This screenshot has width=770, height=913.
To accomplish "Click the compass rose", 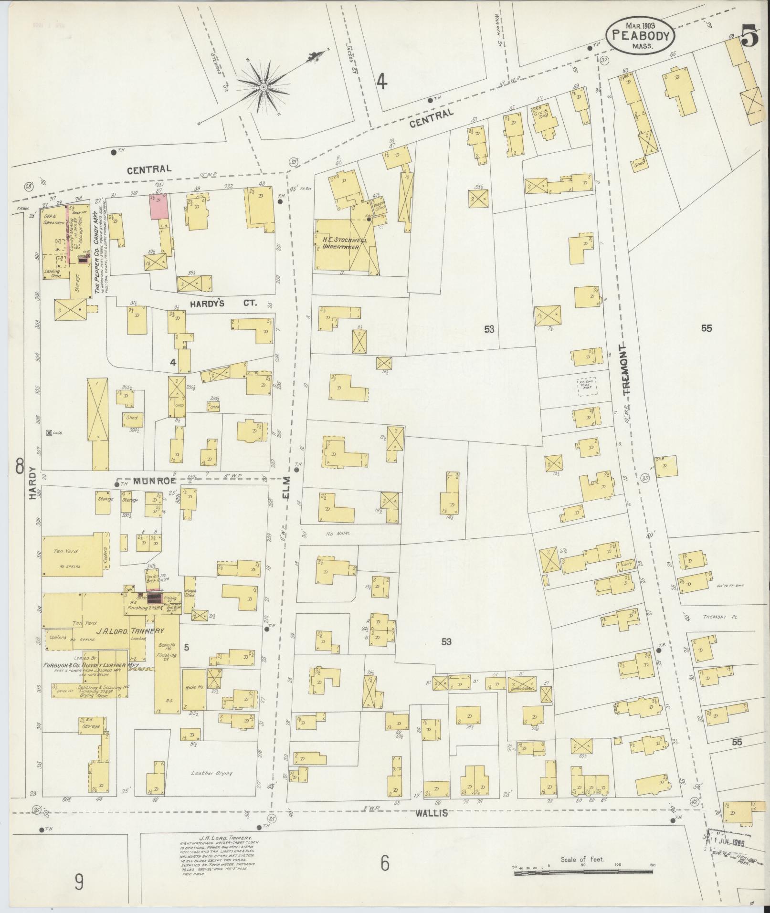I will [263, 87].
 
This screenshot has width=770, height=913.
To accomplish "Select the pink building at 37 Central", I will [159, 207].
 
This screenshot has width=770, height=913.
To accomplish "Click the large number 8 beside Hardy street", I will [19, 466].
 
